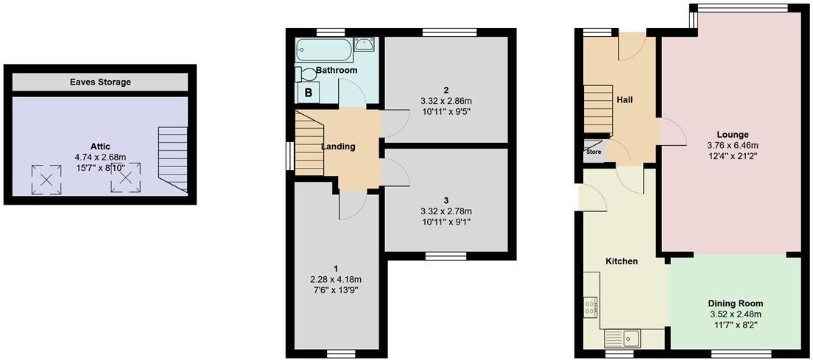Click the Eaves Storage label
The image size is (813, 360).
100,82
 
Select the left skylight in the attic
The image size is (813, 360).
46,178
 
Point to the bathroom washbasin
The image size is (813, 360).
365,45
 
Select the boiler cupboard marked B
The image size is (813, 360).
308,93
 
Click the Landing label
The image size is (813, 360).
338,147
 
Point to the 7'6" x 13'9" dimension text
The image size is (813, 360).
335,290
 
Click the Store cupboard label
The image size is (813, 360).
594,152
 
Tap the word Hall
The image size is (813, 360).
624,100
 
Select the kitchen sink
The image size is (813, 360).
624,338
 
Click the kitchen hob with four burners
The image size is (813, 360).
591,306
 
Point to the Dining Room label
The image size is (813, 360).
735,303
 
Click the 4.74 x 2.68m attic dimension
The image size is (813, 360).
100,157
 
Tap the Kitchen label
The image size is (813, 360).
622,261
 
